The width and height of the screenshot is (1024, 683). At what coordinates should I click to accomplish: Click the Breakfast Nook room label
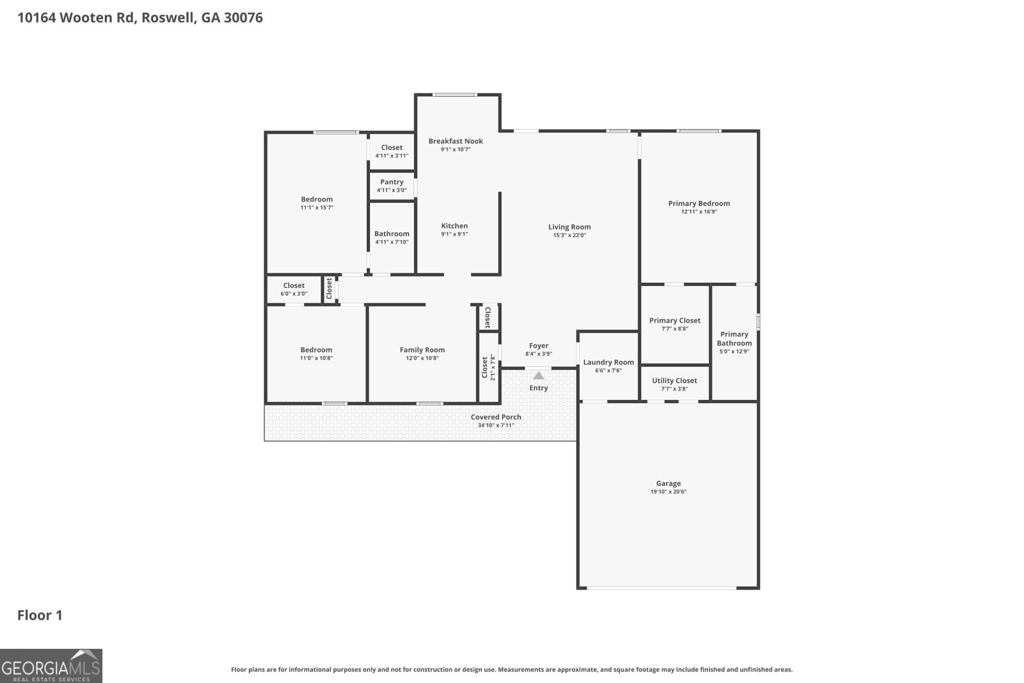point(456,141)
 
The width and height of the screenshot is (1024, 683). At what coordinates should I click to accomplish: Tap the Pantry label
point(392,182)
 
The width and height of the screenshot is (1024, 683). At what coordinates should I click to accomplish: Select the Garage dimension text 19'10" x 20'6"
point(668,492)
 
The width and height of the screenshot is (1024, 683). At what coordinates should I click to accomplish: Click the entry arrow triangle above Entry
point(538,376)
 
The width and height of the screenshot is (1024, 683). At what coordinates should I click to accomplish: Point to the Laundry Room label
point(608,362)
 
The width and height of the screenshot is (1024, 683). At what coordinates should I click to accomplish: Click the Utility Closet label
point(675,380)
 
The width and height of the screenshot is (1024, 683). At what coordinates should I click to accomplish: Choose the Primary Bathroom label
point(734,339)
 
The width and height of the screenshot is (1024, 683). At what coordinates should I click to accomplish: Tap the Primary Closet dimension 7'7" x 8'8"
point(675,329)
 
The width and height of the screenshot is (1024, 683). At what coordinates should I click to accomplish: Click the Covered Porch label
point(496,417)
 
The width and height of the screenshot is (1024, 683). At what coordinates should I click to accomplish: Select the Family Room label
point(422,350)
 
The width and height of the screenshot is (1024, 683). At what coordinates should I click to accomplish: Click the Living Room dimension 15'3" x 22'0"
point(569,236)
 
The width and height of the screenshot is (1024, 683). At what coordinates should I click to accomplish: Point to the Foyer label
point(538,346)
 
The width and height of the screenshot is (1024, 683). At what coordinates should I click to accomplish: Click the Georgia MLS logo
point(51,666)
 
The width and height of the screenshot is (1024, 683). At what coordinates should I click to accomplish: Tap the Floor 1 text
point(40,615)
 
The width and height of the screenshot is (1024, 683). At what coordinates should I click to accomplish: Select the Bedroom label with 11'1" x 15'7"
point(317,199)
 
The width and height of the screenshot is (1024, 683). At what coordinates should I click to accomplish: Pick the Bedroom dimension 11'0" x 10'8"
point(316,358)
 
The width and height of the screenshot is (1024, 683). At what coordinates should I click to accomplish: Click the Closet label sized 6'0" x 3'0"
point(294,285)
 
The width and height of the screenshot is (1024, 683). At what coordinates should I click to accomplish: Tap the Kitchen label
point(454,225)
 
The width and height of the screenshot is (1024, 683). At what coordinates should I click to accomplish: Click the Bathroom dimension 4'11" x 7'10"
point(392,242)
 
